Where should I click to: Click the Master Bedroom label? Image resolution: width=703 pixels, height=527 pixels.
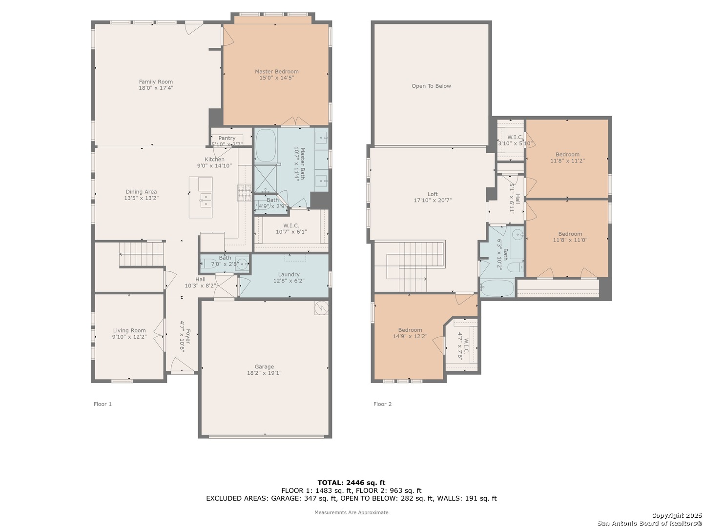(276, 72)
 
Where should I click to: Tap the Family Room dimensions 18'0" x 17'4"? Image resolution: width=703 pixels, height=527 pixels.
(156, 88)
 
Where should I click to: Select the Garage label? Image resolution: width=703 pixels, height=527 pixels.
(264, 366)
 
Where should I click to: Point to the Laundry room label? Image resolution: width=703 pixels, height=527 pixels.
(289, 275)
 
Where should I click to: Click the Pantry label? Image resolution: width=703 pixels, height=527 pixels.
(227, 138)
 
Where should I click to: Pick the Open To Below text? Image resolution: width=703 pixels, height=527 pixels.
(431, 86)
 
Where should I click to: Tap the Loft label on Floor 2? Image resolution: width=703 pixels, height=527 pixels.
(433, 194)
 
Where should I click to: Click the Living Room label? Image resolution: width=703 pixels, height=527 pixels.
(129, 330)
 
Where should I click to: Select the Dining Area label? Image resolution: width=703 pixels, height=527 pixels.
(141, 192)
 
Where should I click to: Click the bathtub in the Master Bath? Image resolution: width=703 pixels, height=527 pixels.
(266, 145)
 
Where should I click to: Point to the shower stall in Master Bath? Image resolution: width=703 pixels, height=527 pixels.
(265, 179)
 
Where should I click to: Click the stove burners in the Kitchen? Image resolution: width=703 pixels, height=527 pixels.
(245, 193)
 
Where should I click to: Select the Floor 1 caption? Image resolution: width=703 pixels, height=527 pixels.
(103, 404)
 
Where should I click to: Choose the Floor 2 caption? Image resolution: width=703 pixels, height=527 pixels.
(382, 404)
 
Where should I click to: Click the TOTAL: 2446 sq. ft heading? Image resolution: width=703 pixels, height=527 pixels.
(351, 483)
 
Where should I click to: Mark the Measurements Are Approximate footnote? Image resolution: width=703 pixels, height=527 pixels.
(351, 512)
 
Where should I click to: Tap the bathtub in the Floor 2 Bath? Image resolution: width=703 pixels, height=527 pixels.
(497, 288)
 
